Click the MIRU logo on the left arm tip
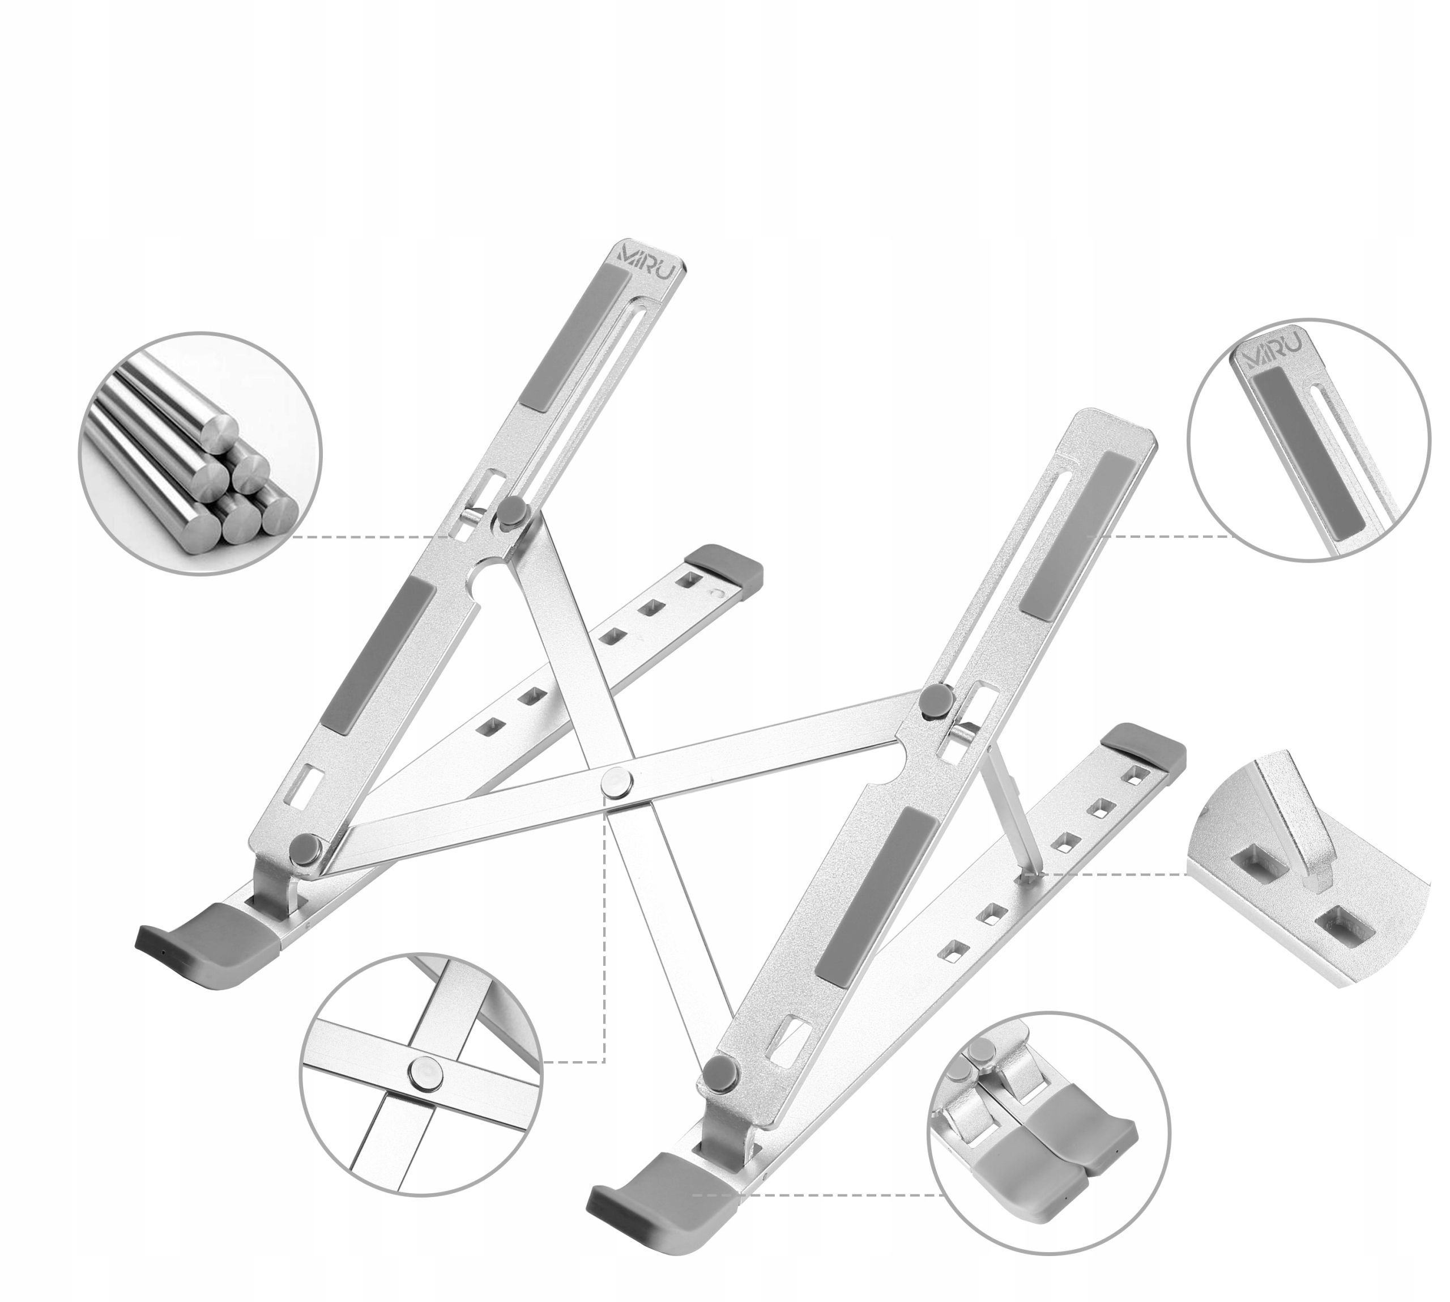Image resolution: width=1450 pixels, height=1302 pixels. pyautogui.click(x=651, y=277)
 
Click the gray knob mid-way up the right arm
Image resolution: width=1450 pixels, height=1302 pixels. pyautogui.click(x=935, y=701)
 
